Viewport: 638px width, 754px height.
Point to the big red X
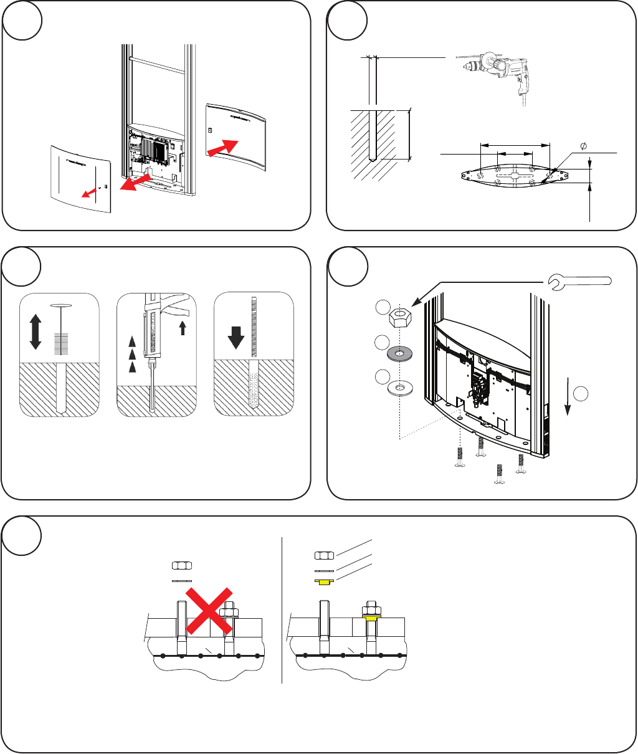pos(212,611)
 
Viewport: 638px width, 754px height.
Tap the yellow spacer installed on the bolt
pos(372,619)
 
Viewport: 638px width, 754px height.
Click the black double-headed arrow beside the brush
pos(35,332)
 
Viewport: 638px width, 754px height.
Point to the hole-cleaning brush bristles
pos(60,343)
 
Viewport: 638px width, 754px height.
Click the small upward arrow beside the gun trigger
pos(183,328)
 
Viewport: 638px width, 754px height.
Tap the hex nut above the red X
pos(181,566)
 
